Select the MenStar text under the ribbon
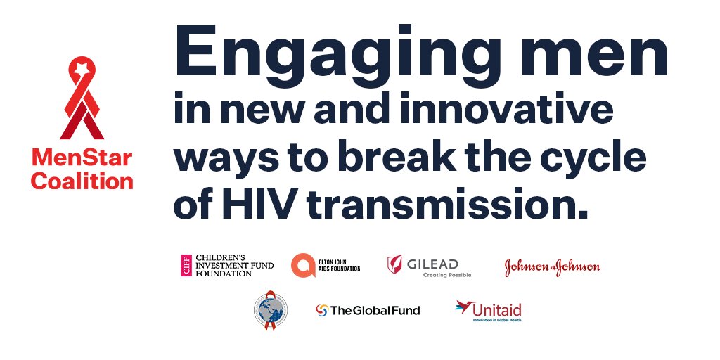coord(82,158)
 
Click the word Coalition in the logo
coord(82,181)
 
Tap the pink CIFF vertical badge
coord(186,265)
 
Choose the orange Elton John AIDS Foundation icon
coord(302,265)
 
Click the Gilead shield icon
coord(395,265)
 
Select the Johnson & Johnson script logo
coord(552,266)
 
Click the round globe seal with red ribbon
coord(271,310)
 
